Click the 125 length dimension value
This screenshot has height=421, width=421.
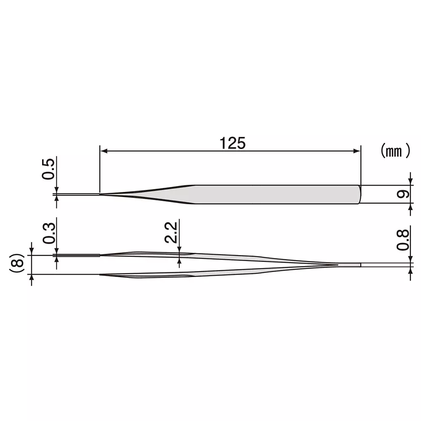pyautogui.click(x=232, y=143)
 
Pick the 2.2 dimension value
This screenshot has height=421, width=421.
pyautogui.click(x=171, y=233)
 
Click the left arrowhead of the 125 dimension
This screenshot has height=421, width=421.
pyautogui.click(x=103, y=151)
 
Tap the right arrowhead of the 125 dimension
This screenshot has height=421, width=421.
pyautogui.click(x=358, y=151)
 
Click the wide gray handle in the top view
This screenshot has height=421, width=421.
pyautogui.click(x=274, y=195)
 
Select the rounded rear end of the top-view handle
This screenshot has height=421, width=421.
pyautogui.click(x=360, y=195)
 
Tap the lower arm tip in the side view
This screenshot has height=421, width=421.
pyautogui.click(x=101, y=274)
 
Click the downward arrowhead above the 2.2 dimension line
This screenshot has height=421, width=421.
pyautogui.click(x=180, y=250)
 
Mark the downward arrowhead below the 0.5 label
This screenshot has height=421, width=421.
pyautogui.click(x=57, y=190)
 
